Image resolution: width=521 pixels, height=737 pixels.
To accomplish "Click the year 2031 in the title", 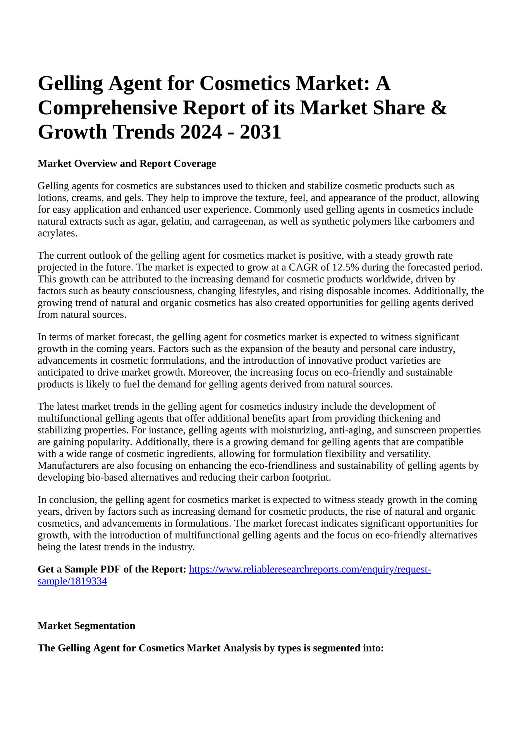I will pos(260,132).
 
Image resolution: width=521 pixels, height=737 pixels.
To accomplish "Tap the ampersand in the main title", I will pos(438,108).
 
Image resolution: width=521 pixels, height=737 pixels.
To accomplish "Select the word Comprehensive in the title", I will pos(107,108).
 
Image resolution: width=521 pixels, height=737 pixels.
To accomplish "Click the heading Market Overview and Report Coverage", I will pos(127,163).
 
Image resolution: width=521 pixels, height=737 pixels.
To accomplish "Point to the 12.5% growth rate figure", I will pos(347,267).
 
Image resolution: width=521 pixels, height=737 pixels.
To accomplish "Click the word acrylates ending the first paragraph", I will pos(57,233).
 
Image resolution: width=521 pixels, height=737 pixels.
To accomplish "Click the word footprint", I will pos(314,477).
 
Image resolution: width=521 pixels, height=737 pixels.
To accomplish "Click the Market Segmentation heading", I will pos(86,626).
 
